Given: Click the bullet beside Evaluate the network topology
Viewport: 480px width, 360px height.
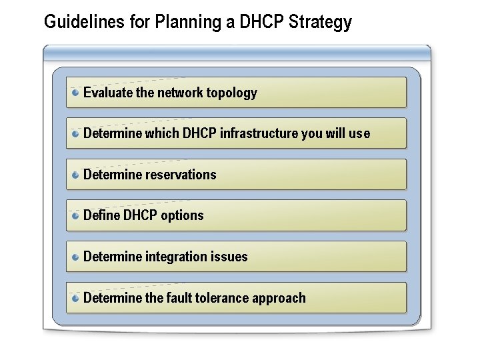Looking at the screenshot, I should (77, 93).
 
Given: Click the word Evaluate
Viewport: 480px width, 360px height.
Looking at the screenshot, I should (108, 93).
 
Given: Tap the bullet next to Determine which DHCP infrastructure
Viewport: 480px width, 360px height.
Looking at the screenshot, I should (77, 133).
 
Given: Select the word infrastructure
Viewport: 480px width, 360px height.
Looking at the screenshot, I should (259, 133).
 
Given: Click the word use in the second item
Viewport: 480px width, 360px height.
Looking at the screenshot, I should (359, 133).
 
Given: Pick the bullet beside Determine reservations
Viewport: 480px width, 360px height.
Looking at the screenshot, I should (77, 175).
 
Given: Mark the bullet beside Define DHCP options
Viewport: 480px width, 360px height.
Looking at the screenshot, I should (77, 215).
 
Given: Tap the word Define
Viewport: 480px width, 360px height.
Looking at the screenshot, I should (101, 215).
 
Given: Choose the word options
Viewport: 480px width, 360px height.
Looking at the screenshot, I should (182, 215).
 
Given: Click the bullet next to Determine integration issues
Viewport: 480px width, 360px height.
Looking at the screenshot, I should (77, 257).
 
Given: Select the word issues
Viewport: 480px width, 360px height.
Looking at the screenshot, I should (230, 257).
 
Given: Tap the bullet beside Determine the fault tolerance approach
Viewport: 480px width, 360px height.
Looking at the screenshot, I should (77, 298).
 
